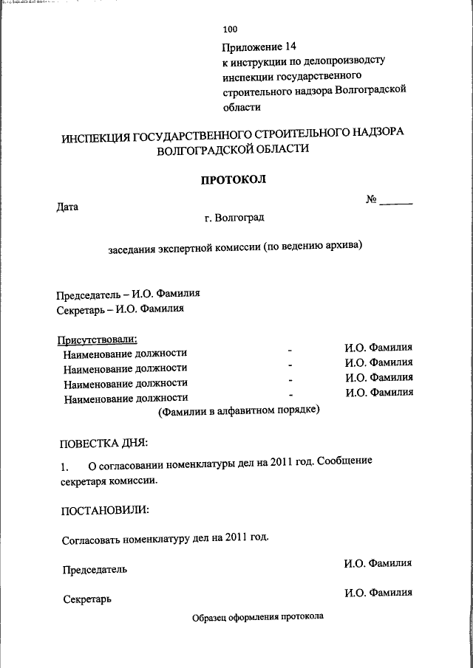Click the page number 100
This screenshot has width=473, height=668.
coord(230,30)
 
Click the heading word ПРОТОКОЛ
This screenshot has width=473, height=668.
coord(234,179)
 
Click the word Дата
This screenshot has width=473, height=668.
coord(67,207)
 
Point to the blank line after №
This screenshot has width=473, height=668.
coord(398,202)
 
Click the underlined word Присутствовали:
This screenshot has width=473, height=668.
coord(98,340)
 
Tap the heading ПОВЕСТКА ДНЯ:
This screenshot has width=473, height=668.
coord(103,443)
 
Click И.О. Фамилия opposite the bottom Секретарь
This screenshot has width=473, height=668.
coord(378,593)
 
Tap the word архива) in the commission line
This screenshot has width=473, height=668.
coord(345,248)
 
